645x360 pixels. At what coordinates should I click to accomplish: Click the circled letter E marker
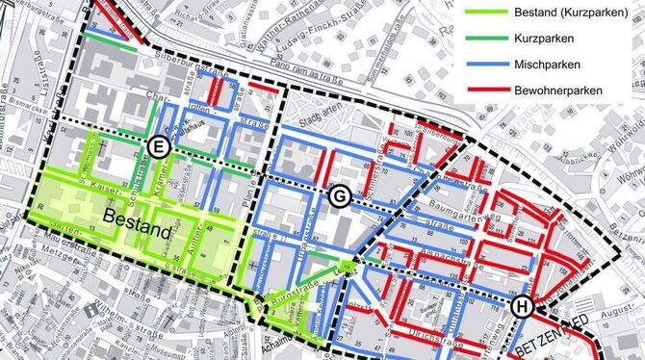[159, 146]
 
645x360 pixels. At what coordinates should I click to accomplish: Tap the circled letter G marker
[340, 196]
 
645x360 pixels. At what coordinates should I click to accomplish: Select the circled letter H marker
[523, 307]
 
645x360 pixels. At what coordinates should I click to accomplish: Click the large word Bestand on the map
[140, 231]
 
